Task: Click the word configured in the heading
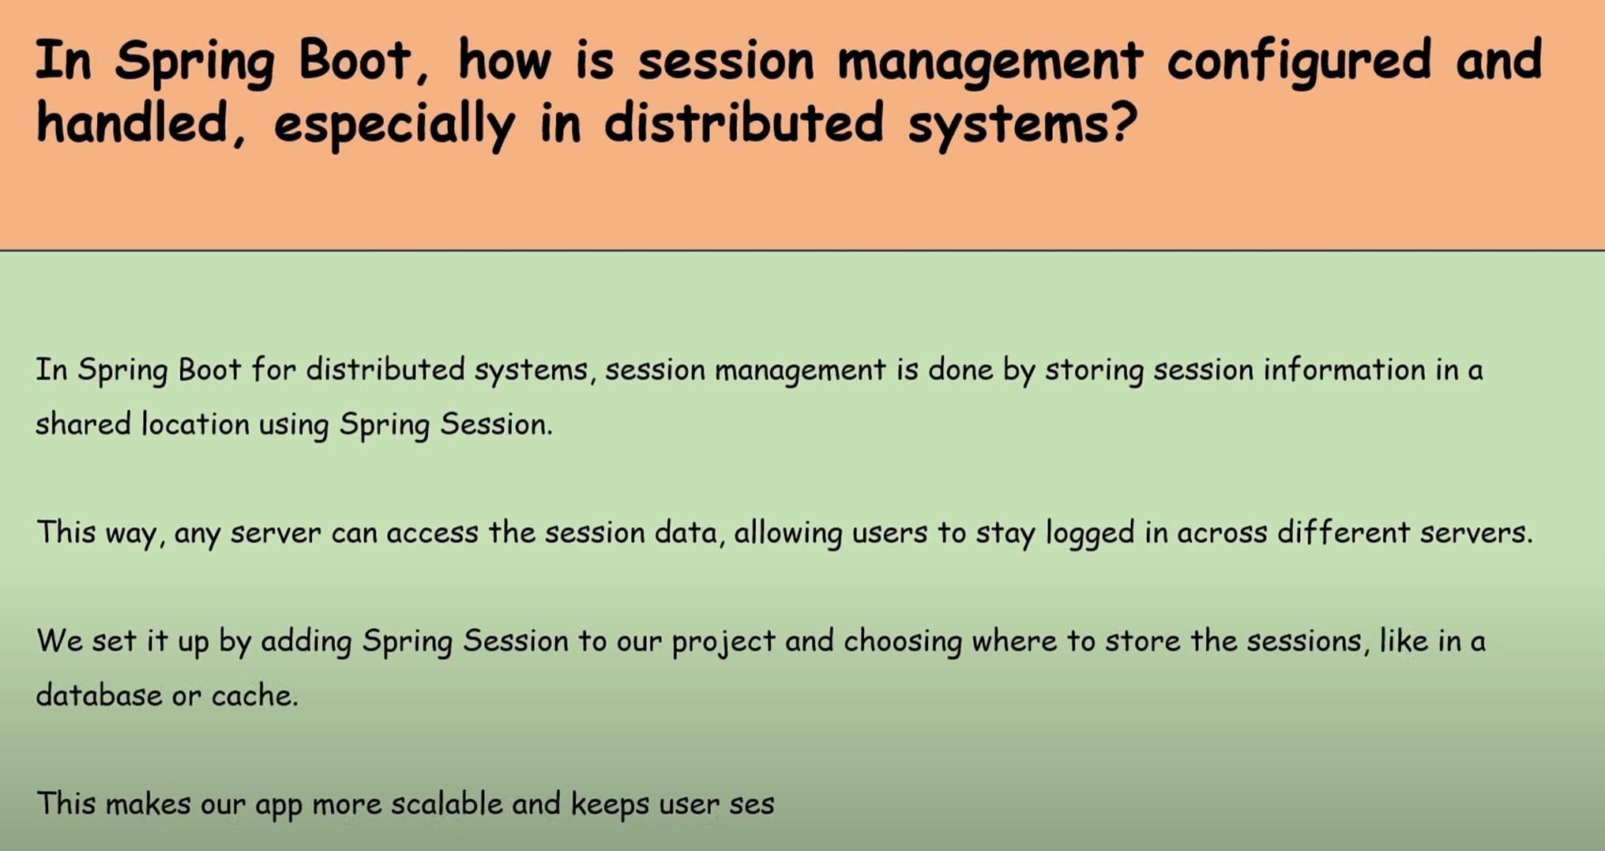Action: coord(1299,61)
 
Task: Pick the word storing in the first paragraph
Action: coord(1094,371)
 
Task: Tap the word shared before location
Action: coord(83,424)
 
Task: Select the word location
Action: coord(195,424)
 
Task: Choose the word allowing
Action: coord(788,533)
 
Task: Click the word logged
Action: coord(1090,533)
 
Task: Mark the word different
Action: coord(1343,532)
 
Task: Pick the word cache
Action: coord(254,695)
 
